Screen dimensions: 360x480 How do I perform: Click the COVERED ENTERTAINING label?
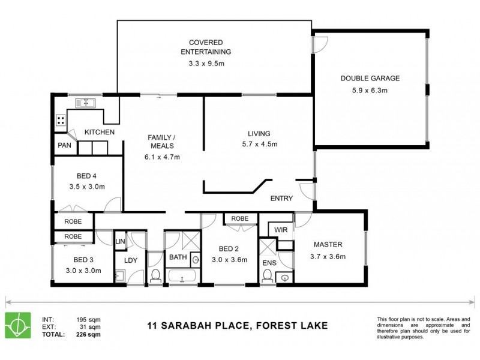[x=206, y=47]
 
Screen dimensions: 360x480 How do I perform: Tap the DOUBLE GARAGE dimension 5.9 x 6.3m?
[x=370, y=91]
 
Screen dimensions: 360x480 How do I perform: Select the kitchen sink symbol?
[x=85, y=104]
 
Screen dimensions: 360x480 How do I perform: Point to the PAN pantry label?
[x=64, y=145]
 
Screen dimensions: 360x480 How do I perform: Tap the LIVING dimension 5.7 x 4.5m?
[x=259, y=144]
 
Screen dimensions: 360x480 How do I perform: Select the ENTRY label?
[x=281, y=198]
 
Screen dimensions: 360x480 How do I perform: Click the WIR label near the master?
[x=281, y=230]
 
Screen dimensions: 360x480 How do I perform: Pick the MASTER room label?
[x=328, y=245]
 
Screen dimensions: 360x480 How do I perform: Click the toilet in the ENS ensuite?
[x=268, y=275]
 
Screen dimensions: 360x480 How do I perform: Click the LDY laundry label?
[x=131, y=260]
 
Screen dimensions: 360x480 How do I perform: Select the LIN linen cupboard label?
[x=120, y=241]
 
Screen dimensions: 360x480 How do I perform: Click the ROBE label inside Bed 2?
[x=239, y=219]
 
